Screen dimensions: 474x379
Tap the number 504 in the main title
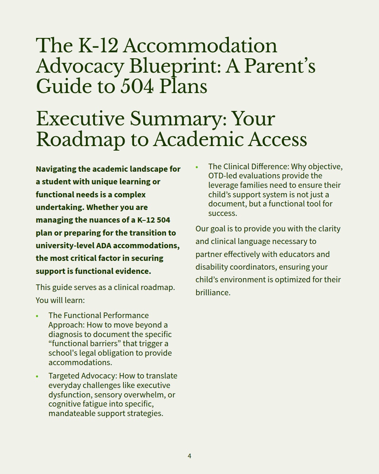(137, 86)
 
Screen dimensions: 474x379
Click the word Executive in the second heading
(80, 119)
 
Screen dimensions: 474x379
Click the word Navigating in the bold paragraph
(56, 169)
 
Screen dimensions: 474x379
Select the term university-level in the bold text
(65, 245)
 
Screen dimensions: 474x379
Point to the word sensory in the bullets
(108, 395)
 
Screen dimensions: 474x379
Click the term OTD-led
(222, 176)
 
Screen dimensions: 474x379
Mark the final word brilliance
(212, 292)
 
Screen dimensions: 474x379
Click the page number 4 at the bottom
(189, 456)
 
